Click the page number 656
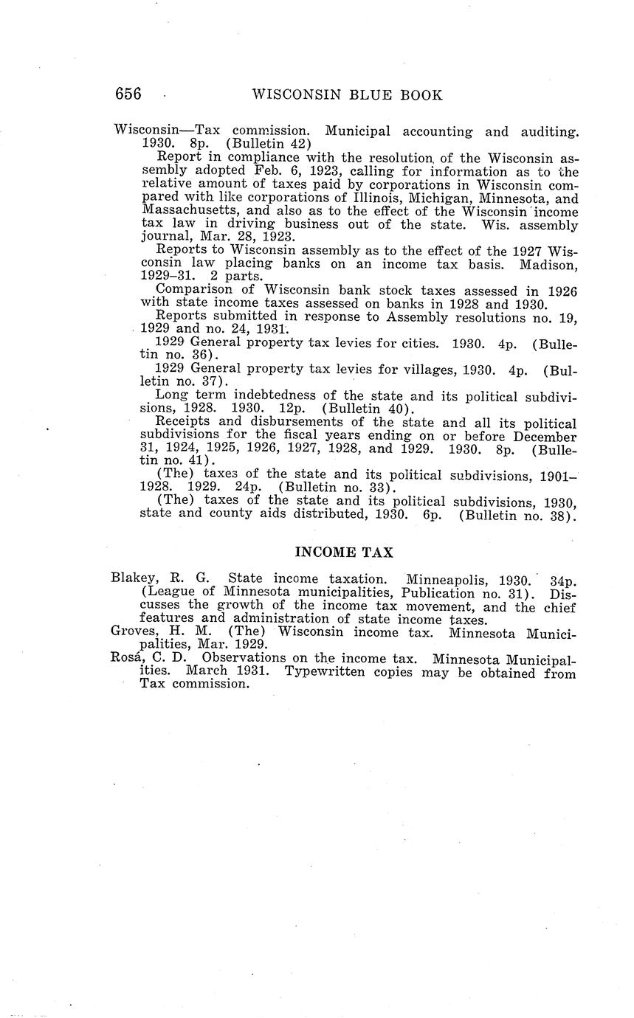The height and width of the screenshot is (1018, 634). point(128,94)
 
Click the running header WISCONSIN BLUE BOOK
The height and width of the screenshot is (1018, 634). point(347,95)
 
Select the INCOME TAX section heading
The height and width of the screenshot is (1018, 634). point(344,552)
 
